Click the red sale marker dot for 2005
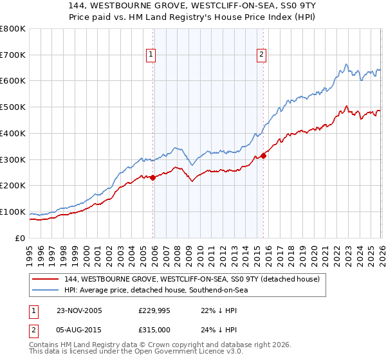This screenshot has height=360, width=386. (x=152, y=178)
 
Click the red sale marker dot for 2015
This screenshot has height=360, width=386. (x=263, y=156)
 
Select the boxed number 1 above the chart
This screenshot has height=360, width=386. (x=151, y=55)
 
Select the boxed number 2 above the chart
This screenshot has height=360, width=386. (x=262, y=55)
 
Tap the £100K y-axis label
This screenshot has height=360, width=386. (x=13, y=212)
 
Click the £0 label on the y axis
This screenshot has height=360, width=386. (x=19, y=239)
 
